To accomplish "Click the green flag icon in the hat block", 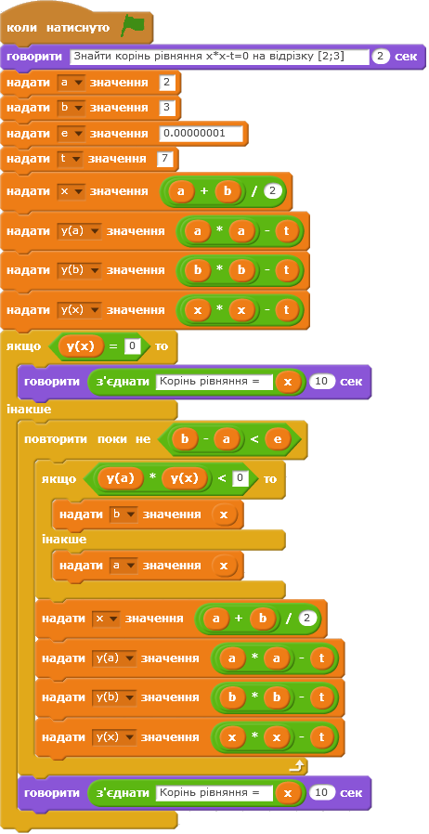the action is pyautogui.click(x=133, y=26).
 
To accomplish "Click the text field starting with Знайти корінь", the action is pyautogui.click(x=219, y=57).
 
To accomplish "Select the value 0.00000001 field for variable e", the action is pyautogui.click(x=201, y=133).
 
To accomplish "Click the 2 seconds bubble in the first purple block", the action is pyautogui.click(x=380, y=57).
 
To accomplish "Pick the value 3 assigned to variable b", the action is pyautogui.click(x=166, y=108).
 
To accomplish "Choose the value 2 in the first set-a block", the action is pyautogui.click(x=166, y=83).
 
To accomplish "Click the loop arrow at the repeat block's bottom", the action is pyautogui.click(x=299, y=765).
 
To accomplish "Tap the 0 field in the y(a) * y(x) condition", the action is pyautogui.click(x=240, y=478).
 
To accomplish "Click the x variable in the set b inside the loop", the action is pyautogui.click(x=223, y=515).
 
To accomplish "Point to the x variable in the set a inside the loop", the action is pyautogui.click(x=223, y=566).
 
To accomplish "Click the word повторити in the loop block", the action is pyautogui.click(x=58, y=439).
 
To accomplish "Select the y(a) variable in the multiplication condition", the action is pyautogui.click(x=120, y=478).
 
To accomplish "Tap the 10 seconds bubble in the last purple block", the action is pyautogui.click(x=321, y=792).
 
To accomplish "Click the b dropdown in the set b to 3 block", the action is pyautogui.click(x=71, y=108).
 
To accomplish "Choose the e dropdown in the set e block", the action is pyautogui.click(x=71, y=133).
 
